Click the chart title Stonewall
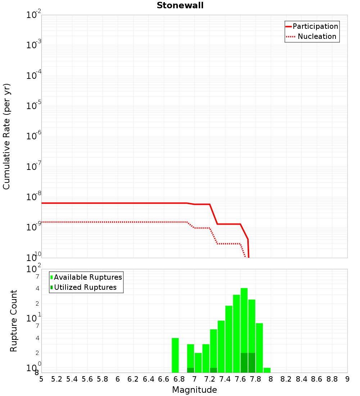click(x=180, y=5)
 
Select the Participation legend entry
click(x=312, y=26)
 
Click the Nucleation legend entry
click(x=311, y=36)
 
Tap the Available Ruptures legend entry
click(x=86, y=277)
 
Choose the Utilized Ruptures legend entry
click(x=84, y=287)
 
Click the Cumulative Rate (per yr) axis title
click(x=6, y=136)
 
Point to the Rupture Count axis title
click(x=13, y=321)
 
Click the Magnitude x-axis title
click(x=194, y=390)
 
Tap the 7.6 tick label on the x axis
click(x=240, y=379)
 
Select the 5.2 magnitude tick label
click(x=57, y=379)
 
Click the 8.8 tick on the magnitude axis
click(x=332, y=379)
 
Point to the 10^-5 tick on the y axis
click(x=33, y=105)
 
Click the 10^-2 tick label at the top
click(x=33, y=14)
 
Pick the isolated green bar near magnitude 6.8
click(x=175, y=355)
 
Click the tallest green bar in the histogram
click(x=244, y=330)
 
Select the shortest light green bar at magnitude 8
click(x=267, y=370)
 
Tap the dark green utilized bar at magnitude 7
click(x=190, y=370)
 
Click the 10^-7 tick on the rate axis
click(x=33, y=166)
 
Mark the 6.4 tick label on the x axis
click(x=148, y=379)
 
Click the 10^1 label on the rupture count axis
click(x=33, y=318)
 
